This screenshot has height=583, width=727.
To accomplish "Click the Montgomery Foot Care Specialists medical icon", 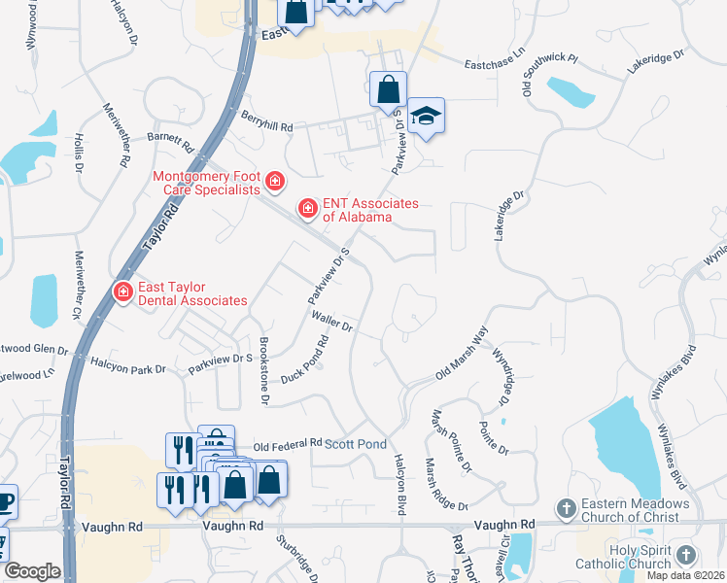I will click(275, 182).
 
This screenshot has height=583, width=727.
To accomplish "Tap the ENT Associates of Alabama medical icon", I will click(308, 208).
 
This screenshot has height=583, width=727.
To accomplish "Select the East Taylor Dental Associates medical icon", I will click(123, 291).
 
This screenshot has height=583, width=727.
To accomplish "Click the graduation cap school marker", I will click(425, 117).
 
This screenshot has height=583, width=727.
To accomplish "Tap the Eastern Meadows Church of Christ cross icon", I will click(565, 508).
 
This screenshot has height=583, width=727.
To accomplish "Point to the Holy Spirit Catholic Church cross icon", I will click(686, 554).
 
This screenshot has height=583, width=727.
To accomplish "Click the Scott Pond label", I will click(355, 443).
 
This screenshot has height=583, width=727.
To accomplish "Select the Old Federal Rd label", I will click(287, 444).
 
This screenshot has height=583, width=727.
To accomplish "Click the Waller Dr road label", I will click(330, 323).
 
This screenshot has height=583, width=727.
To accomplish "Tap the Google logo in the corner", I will click(32, 571).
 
